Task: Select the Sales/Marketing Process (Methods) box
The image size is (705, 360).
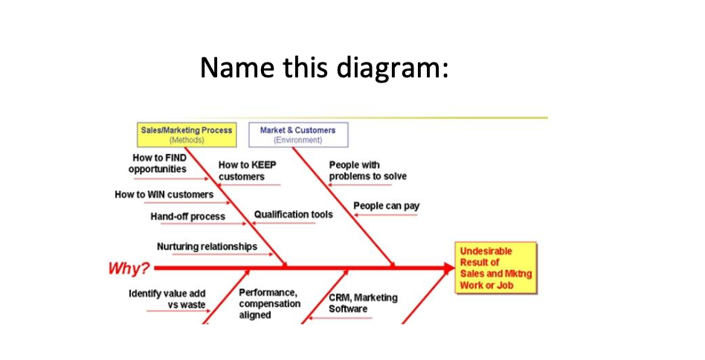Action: [186, 134]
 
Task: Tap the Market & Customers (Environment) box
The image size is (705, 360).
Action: [297, 134]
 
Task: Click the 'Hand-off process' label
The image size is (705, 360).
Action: [187, 216]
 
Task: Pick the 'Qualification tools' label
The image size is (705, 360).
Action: [293, 214]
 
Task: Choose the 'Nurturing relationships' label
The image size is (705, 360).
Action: [207, 246]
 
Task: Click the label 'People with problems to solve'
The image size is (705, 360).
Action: [367, 170]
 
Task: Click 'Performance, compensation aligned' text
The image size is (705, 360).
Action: [269, 303]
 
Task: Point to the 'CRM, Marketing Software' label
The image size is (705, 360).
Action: [363, 303]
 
